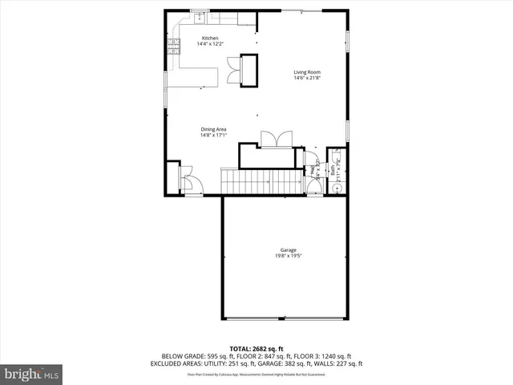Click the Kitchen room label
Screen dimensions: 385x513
coord(210,38)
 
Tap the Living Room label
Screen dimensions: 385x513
coord(306,72)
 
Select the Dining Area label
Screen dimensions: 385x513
coord(213,129)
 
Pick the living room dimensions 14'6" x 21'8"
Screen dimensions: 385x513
coord(306,79)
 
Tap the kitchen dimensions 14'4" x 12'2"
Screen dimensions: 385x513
coord(210,44)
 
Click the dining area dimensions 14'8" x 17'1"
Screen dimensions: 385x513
coord(213,136)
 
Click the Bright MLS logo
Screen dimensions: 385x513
coord(31,374)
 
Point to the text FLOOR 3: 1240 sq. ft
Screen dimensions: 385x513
coord(324,356)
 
